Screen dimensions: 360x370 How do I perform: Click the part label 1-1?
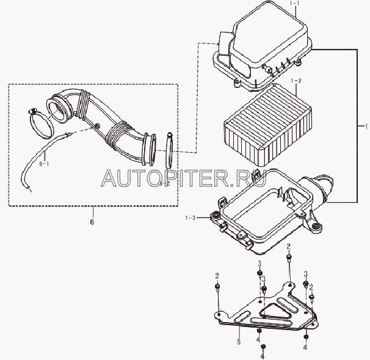pyautogui.click(x=296, y=4)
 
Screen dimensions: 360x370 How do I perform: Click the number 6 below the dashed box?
pyautogui.click(x=92, y=222)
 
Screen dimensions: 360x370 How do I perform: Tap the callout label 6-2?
pyautogui.click(x=164, y=183)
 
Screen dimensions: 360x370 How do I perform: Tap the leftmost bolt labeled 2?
pyautogui.click(x=218, y=288)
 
